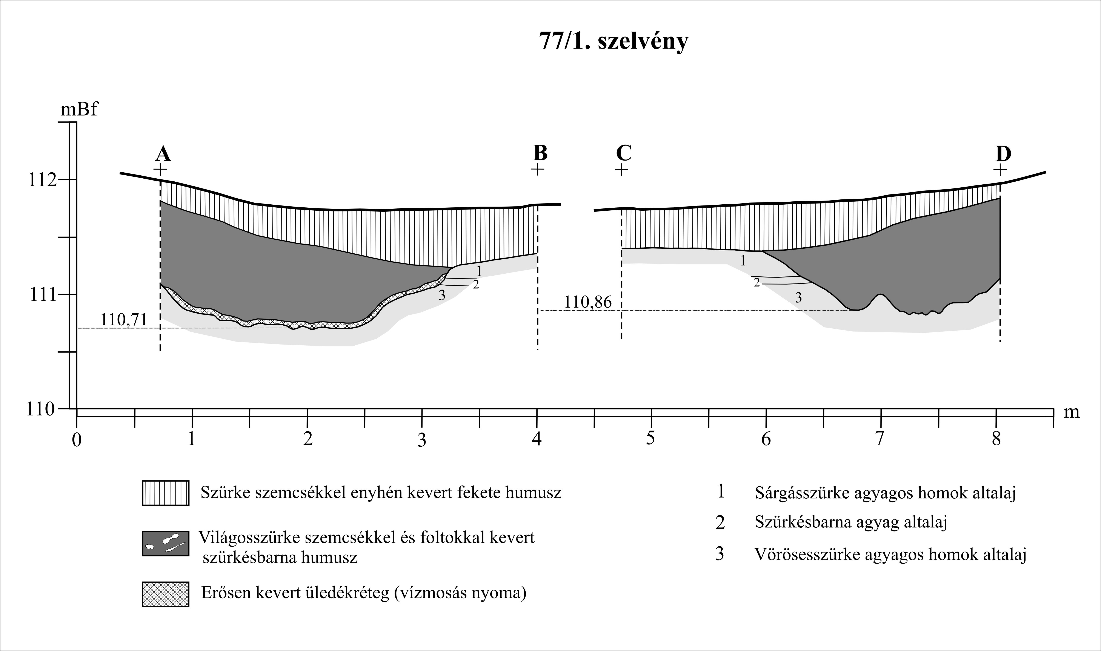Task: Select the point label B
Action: (x=540, y=153)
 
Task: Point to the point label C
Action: (x=624, y=153)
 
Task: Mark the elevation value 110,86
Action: (x=587, y=302)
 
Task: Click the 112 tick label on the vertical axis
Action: (x=42, y=180)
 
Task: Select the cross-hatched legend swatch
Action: (x=165, y=594)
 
